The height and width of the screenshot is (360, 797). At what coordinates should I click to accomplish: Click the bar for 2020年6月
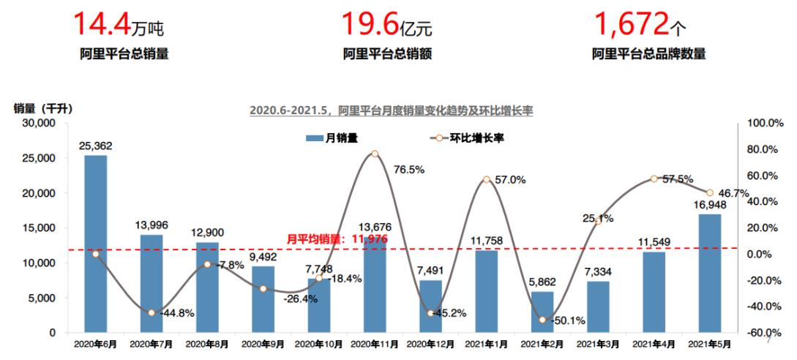[x=96, y=244]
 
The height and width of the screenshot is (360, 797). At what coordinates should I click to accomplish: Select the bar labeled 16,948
[x=709, y=273]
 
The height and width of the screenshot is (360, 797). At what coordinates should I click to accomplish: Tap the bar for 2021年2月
[x=542, y=312]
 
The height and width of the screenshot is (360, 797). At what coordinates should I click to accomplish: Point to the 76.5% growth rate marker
[x=374, y=154]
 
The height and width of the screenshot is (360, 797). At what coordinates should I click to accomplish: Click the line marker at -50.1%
[x=542, y=320]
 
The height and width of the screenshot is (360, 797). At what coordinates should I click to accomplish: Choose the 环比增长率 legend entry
[x=468, y=137]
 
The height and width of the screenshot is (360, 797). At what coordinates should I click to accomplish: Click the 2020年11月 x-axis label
[x=374, y=342]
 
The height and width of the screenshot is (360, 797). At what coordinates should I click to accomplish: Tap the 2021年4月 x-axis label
[x=654, y=342]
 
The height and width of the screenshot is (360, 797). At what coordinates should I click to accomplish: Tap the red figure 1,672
[x=631, y=25]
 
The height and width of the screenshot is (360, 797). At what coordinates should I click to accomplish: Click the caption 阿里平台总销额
[x=387, y=53]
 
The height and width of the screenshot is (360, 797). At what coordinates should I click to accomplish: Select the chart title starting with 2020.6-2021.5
[x=391, y=110]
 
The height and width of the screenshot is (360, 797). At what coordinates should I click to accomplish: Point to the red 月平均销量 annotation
[x=337, y=239]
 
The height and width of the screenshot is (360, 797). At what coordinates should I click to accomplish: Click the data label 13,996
[x=151, y=225]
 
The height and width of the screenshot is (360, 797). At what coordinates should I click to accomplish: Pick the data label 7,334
[x=597, y=272]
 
